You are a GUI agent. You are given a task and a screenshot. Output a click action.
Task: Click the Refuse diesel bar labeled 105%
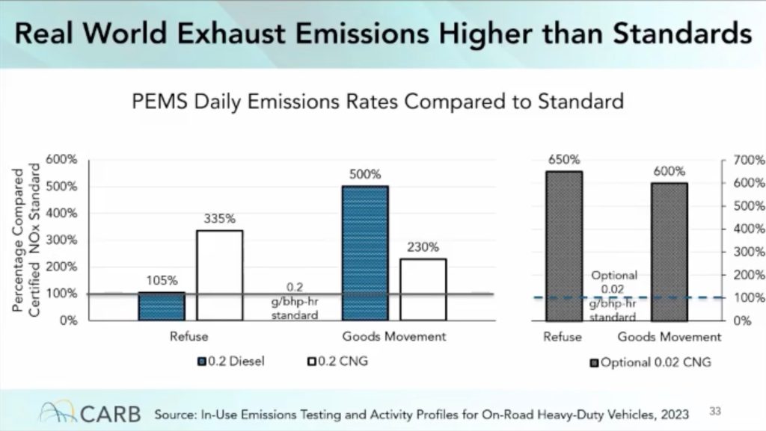click(162, 306)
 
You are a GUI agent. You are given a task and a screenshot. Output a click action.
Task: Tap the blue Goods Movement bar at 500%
click(365, 253)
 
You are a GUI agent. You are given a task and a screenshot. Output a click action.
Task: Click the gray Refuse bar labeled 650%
click(563, 246)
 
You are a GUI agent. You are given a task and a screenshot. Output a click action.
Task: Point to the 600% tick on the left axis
click(62, 159)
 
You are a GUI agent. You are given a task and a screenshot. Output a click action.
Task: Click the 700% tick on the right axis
click(749, 161)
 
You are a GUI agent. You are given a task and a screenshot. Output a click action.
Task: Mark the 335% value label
click(220, 220)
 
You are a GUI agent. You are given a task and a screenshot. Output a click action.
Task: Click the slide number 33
click(715, 410)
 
